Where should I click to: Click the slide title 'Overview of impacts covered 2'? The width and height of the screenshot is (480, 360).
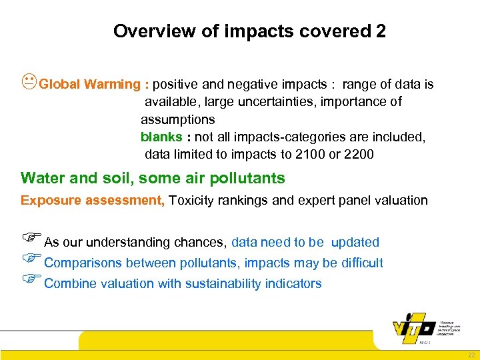click(249, 31)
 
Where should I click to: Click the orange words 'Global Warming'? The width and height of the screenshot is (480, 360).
click(89, 85)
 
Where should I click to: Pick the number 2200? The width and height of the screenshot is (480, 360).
click(360, 154)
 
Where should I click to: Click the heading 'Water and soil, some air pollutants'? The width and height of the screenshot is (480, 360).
click(153, 178)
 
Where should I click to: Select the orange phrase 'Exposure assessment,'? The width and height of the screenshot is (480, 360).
click(93, 200)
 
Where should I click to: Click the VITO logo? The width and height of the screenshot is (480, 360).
click(415, 328)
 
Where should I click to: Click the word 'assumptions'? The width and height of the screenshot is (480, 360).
click(177, 119)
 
